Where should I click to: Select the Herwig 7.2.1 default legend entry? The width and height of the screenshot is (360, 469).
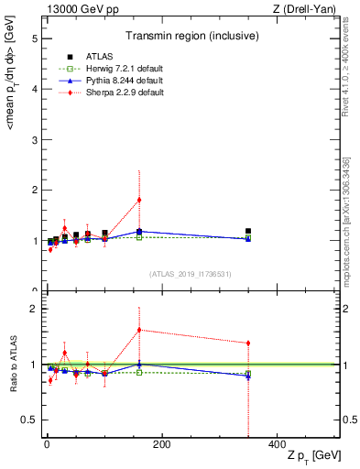click(114, 68)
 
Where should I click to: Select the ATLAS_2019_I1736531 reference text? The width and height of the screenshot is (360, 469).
click(191, 274)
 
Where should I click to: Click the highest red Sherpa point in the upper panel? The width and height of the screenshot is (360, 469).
click(139, 200)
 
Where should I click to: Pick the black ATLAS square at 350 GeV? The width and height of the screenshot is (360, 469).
click(248, 232)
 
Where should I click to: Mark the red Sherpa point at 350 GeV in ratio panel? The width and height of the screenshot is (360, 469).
click(248, 344)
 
